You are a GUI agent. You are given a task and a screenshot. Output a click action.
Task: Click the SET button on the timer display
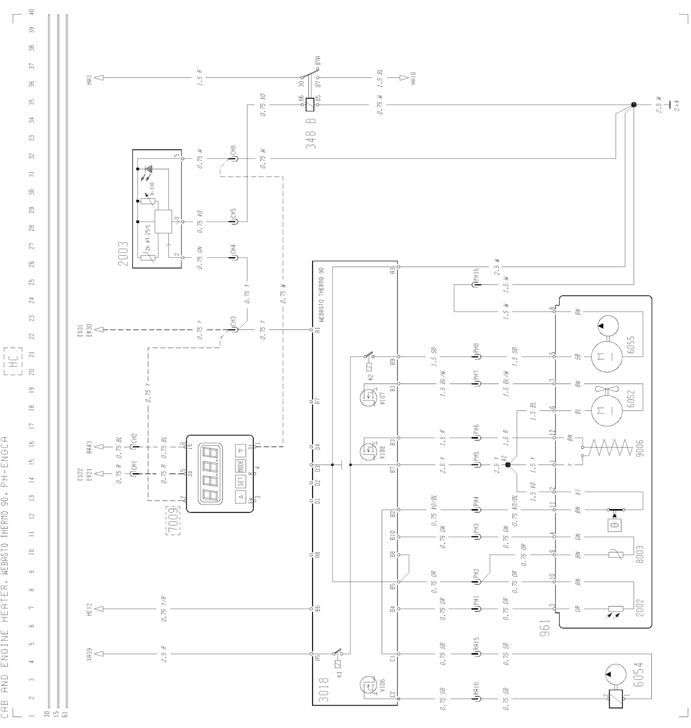240,482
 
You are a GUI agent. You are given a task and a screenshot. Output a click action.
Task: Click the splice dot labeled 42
508,465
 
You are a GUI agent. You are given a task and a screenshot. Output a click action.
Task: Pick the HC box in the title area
15,362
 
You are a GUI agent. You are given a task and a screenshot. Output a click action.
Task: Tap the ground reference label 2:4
676,105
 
